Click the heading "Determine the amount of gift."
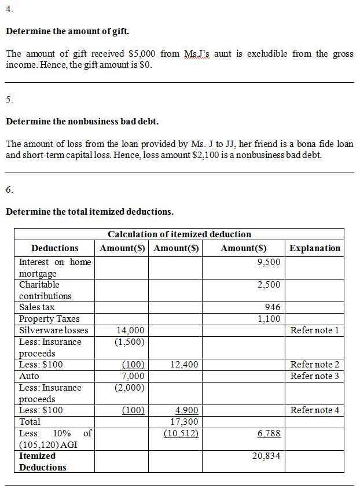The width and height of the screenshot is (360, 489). [x=67, y=31]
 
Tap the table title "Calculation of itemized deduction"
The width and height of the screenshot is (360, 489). [x=179, y=234]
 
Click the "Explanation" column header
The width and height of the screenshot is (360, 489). [x=315, y=248]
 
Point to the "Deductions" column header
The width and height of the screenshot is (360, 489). [x=54, y=248]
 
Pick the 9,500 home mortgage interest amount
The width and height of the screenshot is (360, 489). [x=269, y=262]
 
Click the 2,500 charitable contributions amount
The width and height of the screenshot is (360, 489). [x=269, y=285]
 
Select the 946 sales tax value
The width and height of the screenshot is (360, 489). [x=272, y=307]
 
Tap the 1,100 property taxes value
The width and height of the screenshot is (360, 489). [x=269, y=319]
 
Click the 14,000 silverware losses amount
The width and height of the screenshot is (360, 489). [x=130, y=330]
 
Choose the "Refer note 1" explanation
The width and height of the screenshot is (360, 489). [x=315, y=330]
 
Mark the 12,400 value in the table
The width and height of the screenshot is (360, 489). [x=185, y=365]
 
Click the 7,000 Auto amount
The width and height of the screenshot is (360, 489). [x=133, y=376]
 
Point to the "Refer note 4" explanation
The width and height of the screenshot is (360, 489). [x=315, y=410]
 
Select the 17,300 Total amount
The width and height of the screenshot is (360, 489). [x=185, y=422]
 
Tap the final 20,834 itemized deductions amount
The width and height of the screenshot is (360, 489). [x=266, y=456]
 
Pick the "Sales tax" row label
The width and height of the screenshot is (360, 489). [x=36, y=307]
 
